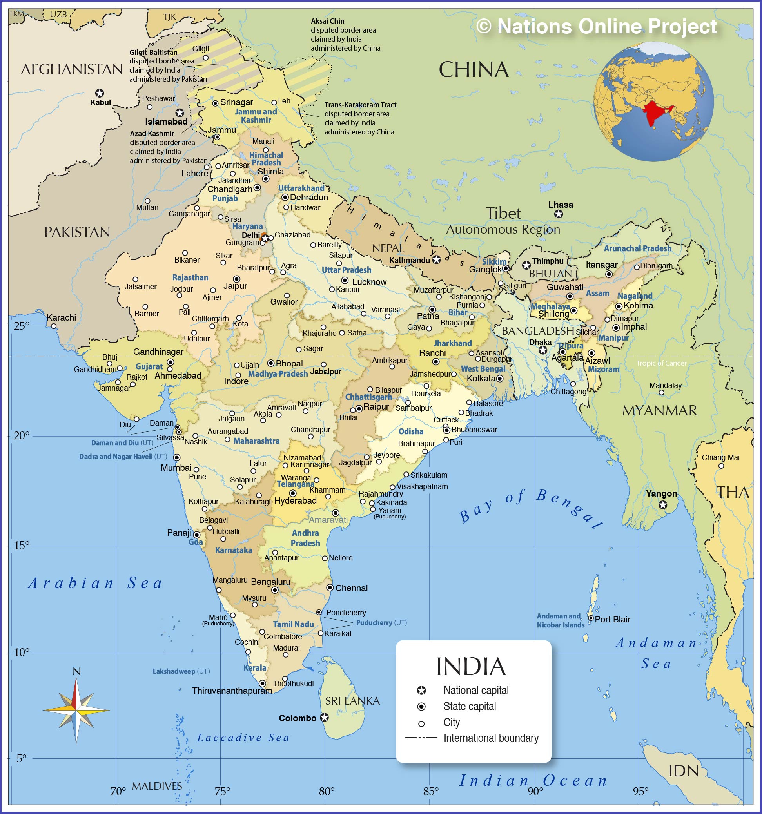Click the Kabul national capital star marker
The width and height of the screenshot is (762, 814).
[99, 93]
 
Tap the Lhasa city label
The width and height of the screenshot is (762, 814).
[560, 204]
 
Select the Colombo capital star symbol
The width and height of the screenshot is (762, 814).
[324, 717]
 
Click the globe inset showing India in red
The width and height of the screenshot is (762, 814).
[653, 101]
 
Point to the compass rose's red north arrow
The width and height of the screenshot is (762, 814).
[75, 694]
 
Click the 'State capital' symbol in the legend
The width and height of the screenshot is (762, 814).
[421, 706]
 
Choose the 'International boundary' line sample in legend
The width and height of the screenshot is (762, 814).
[421, 738]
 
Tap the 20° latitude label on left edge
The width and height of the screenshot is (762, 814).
[21, 435]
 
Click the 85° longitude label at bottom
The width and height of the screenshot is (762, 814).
[431, 791]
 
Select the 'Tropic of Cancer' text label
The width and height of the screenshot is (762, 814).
[661, 363]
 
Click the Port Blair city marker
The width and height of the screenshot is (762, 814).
[591, 618]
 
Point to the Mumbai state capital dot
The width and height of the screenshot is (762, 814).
[176, 457]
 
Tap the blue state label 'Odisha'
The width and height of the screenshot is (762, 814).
[411, 431]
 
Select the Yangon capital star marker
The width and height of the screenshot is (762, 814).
[662, 505]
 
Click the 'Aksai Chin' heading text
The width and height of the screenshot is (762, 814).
[328, 21]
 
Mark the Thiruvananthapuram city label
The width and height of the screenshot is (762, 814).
[232, 691]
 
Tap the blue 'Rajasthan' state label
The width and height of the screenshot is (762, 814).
[190, 277]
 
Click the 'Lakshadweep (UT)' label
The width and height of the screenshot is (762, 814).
[181, 671]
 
